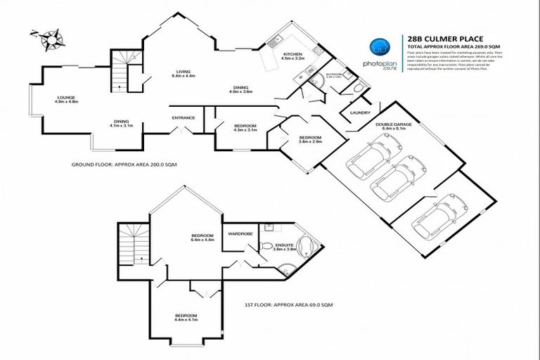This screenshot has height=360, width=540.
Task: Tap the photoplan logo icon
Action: pyautogui.click(x=378, y=46)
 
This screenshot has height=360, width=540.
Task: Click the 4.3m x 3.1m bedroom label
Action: pyautogui.click(x=245, y=128)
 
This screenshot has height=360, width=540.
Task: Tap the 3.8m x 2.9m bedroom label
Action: pyautogui.click(x=310, y=139)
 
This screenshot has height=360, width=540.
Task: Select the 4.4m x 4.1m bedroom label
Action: pyautogui.click(x=186, y=317)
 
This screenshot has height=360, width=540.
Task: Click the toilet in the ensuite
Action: pyautogui.click(x=266, y=246)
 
